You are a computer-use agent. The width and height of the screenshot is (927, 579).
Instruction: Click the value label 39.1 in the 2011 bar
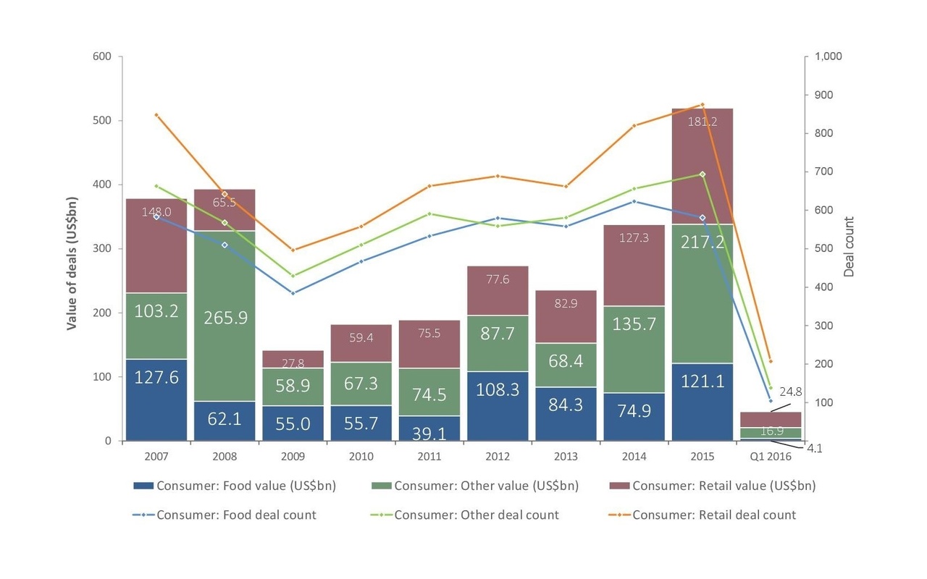[x=429, y=432]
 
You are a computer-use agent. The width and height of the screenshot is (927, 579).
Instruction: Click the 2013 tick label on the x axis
[x=566, y=457]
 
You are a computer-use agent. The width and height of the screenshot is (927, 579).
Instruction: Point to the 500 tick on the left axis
[x=101, y=121]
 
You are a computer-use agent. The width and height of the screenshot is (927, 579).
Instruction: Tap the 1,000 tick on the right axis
[x=829, y=56]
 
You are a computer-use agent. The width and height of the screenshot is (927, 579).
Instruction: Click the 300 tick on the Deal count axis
[x=823, y=326]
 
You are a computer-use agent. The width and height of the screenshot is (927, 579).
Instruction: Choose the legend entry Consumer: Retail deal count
[x=713, y=515]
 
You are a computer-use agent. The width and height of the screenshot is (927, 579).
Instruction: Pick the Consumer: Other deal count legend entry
[x=476, y=515]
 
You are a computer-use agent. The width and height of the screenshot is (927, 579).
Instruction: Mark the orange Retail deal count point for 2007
[x=156, y=114]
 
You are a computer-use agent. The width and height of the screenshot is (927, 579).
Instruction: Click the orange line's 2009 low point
[x=293, y=250]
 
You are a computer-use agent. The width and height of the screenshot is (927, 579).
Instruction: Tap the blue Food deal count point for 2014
[x=634, y=201]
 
